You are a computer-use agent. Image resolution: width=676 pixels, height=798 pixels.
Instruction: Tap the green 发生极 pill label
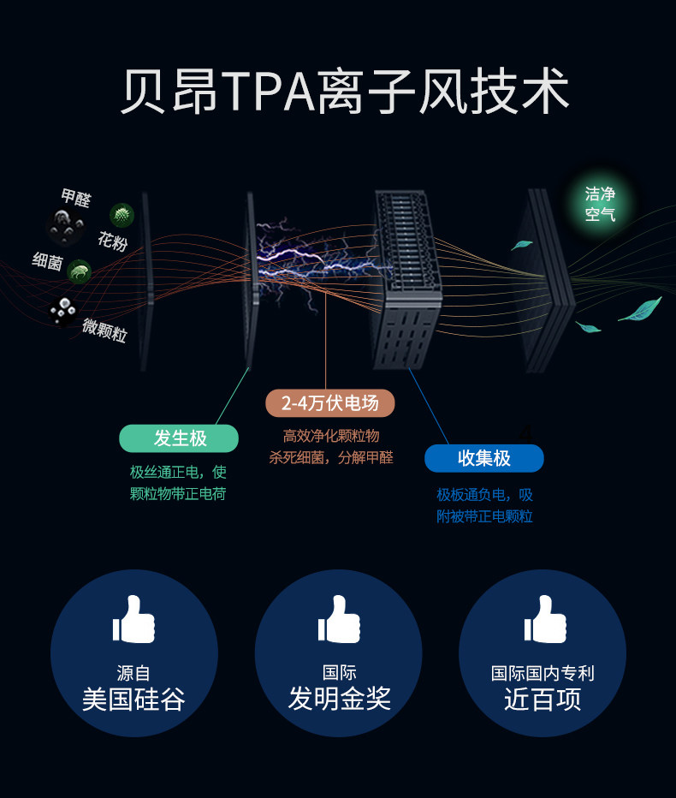click(179, 438)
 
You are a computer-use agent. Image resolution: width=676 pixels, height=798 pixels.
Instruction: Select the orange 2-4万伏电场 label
click(329, 402)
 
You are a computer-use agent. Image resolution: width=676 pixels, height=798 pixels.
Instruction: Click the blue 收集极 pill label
click(483, 458)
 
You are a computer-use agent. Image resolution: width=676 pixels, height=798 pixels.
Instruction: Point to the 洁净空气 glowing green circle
click(600, 204)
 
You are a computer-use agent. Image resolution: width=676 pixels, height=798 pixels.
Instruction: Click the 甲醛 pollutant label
click(75, 199)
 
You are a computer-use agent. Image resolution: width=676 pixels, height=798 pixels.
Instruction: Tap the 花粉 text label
click(112, 241)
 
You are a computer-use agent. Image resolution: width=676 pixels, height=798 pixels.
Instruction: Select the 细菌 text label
click(47, 262)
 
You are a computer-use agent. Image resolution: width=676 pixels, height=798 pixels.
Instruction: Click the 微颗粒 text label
click(104, 330)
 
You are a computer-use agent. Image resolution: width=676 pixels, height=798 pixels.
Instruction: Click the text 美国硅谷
click(133, 700)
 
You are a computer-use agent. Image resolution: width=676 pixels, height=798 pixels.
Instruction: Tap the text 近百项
click(543, 699)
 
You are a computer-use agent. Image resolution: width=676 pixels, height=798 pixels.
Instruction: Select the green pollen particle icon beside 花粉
click(122, 215)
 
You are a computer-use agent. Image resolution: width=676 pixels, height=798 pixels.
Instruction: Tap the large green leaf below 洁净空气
click(640, 309)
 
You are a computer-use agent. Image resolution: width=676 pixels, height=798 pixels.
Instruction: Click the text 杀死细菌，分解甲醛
click(331, 457)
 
